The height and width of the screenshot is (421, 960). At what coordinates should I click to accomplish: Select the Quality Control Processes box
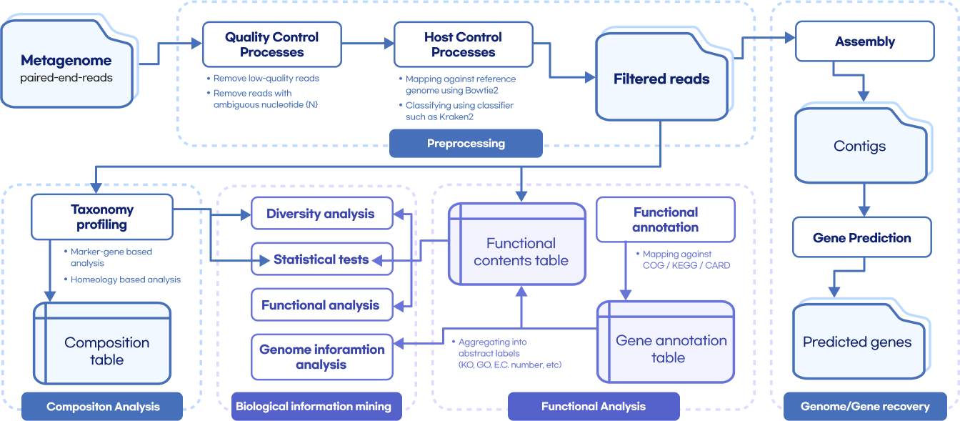[271, 44]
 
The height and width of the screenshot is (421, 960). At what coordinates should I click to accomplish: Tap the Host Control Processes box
[463, 44]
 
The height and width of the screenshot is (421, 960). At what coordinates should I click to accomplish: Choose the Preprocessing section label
[466, 144]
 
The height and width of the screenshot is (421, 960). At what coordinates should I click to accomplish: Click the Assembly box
[864, 41]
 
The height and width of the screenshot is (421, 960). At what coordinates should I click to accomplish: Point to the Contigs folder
[859, 145]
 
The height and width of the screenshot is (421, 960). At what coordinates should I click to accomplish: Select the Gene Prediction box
[861, 238]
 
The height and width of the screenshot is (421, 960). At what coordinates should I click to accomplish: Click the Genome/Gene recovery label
[864, 407]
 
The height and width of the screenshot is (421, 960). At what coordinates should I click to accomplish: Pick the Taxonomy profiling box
[102, 217]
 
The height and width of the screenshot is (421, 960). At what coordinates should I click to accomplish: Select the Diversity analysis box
[321, 214]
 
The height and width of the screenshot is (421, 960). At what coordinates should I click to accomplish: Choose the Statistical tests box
[321, 259]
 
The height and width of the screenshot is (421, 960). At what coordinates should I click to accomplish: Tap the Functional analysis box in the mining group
[321, 305]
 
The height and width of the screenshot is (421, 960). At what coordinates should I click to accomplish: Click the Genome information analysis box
[321, 357]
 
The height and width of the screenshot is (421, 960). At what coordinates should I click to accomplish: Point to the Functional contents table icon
[517, 244]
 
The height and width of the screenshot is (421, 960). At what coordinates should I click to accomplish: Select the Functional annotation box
[665, 219]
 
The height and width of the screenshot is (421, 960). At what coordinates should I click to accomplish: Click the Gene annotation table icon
[665, 342]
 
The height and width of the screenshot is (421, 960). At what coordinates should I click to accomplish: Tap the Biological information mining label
[313, 407]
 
